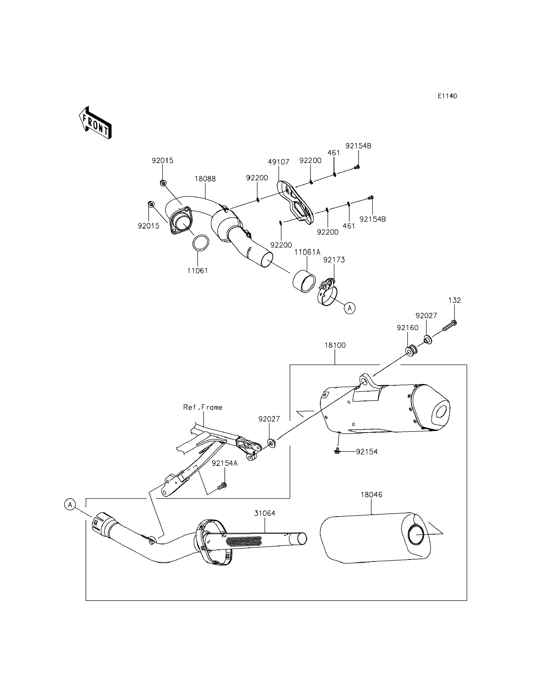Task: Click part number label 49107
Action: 278,162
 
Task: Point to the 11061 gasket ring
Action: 201,243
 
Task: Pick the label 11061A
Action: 307,252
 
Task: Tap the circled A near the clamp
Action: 350,308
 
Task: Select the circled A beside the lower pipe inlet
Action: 70,504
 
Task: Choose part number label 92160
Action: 407,328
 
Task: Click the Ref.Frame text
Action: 203,407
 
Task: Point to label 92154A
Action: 225,463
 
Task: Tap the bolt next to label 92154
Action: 338,451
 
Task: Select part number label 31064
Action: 264,513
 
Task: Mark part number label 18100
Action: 335,345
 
